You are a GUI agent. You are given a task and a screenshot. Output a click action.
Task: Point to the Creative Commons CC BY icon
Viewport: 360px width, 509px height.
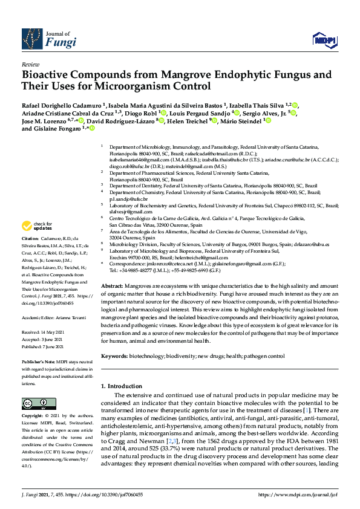click(x=34, y=403)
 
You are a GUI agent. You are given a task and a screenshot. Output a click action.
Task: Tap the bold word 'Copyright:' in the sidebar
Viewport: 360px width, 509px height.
click(x=34, y=417)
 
